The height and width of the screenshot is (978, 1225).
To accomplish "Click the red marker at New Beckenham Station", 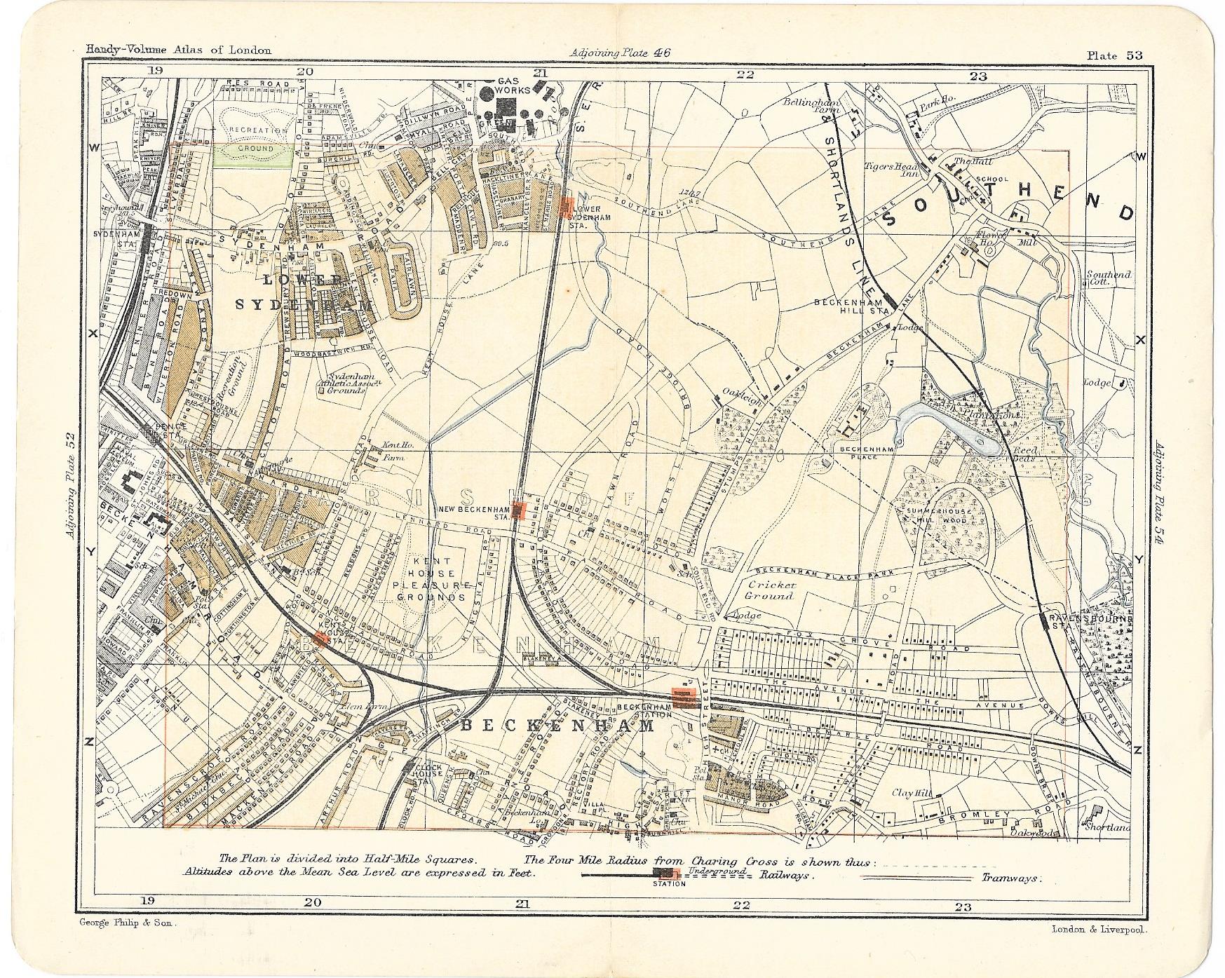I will click(x=519, y=510).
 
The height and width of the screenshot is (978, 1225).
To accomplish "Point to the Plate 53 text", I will click(x=1114, y=55).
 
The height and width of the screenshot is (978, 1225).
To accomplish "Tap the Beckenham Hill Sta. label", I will click(x=851, y=307).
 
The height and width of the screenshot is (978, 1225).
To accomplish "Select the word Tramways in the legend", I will click(x=1010, y=878).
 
